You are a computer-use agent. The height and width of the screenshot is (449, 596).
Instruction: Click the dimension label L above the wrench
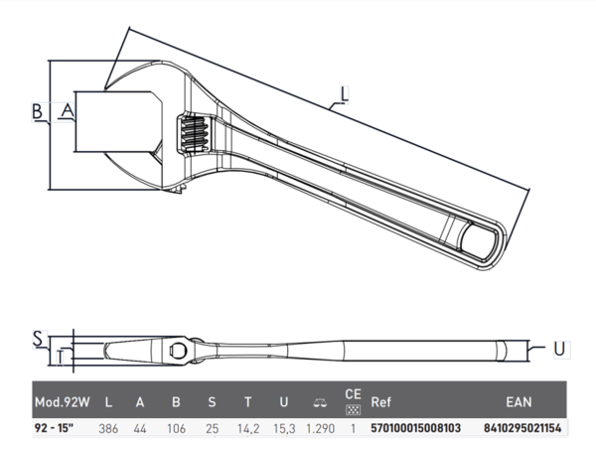pyautogui.click(x=344, y=94)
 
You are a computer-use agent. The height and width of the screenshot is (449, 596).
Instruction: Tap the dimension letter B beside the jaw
pyautogui.click(x=37, y=112)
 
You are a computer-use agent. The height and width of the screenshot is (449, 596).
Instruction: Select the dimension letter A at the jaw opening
pyautogui.click(x=68, y=111)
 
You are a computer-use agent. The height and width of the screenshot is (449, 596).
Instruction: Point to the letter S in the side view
pyautogui.click(x=38, y=339)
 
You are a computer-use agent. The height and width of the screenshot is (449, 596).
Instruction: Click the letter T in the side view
pyautogui.click(x=60, y=358)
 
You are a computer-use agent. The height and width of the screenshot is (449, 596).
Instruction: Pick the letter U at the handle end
pyautogui.click(x=559, y=349)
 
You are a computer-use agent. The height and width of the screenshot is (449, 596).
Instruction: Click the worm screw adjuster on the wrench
pyautogui.click(x=195, y=134)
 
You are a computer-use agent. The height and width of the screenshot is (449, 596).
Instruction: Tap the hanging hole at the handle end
pyautogui.click(x=478, y=241)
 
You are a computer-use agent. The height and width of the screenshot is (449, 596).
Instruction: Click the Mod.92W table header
pyautogui.click(x=63, y=402)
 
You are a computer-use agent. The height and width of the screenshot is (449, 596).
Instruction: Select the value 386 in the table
pyautogui.click(x=108, y=429)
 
